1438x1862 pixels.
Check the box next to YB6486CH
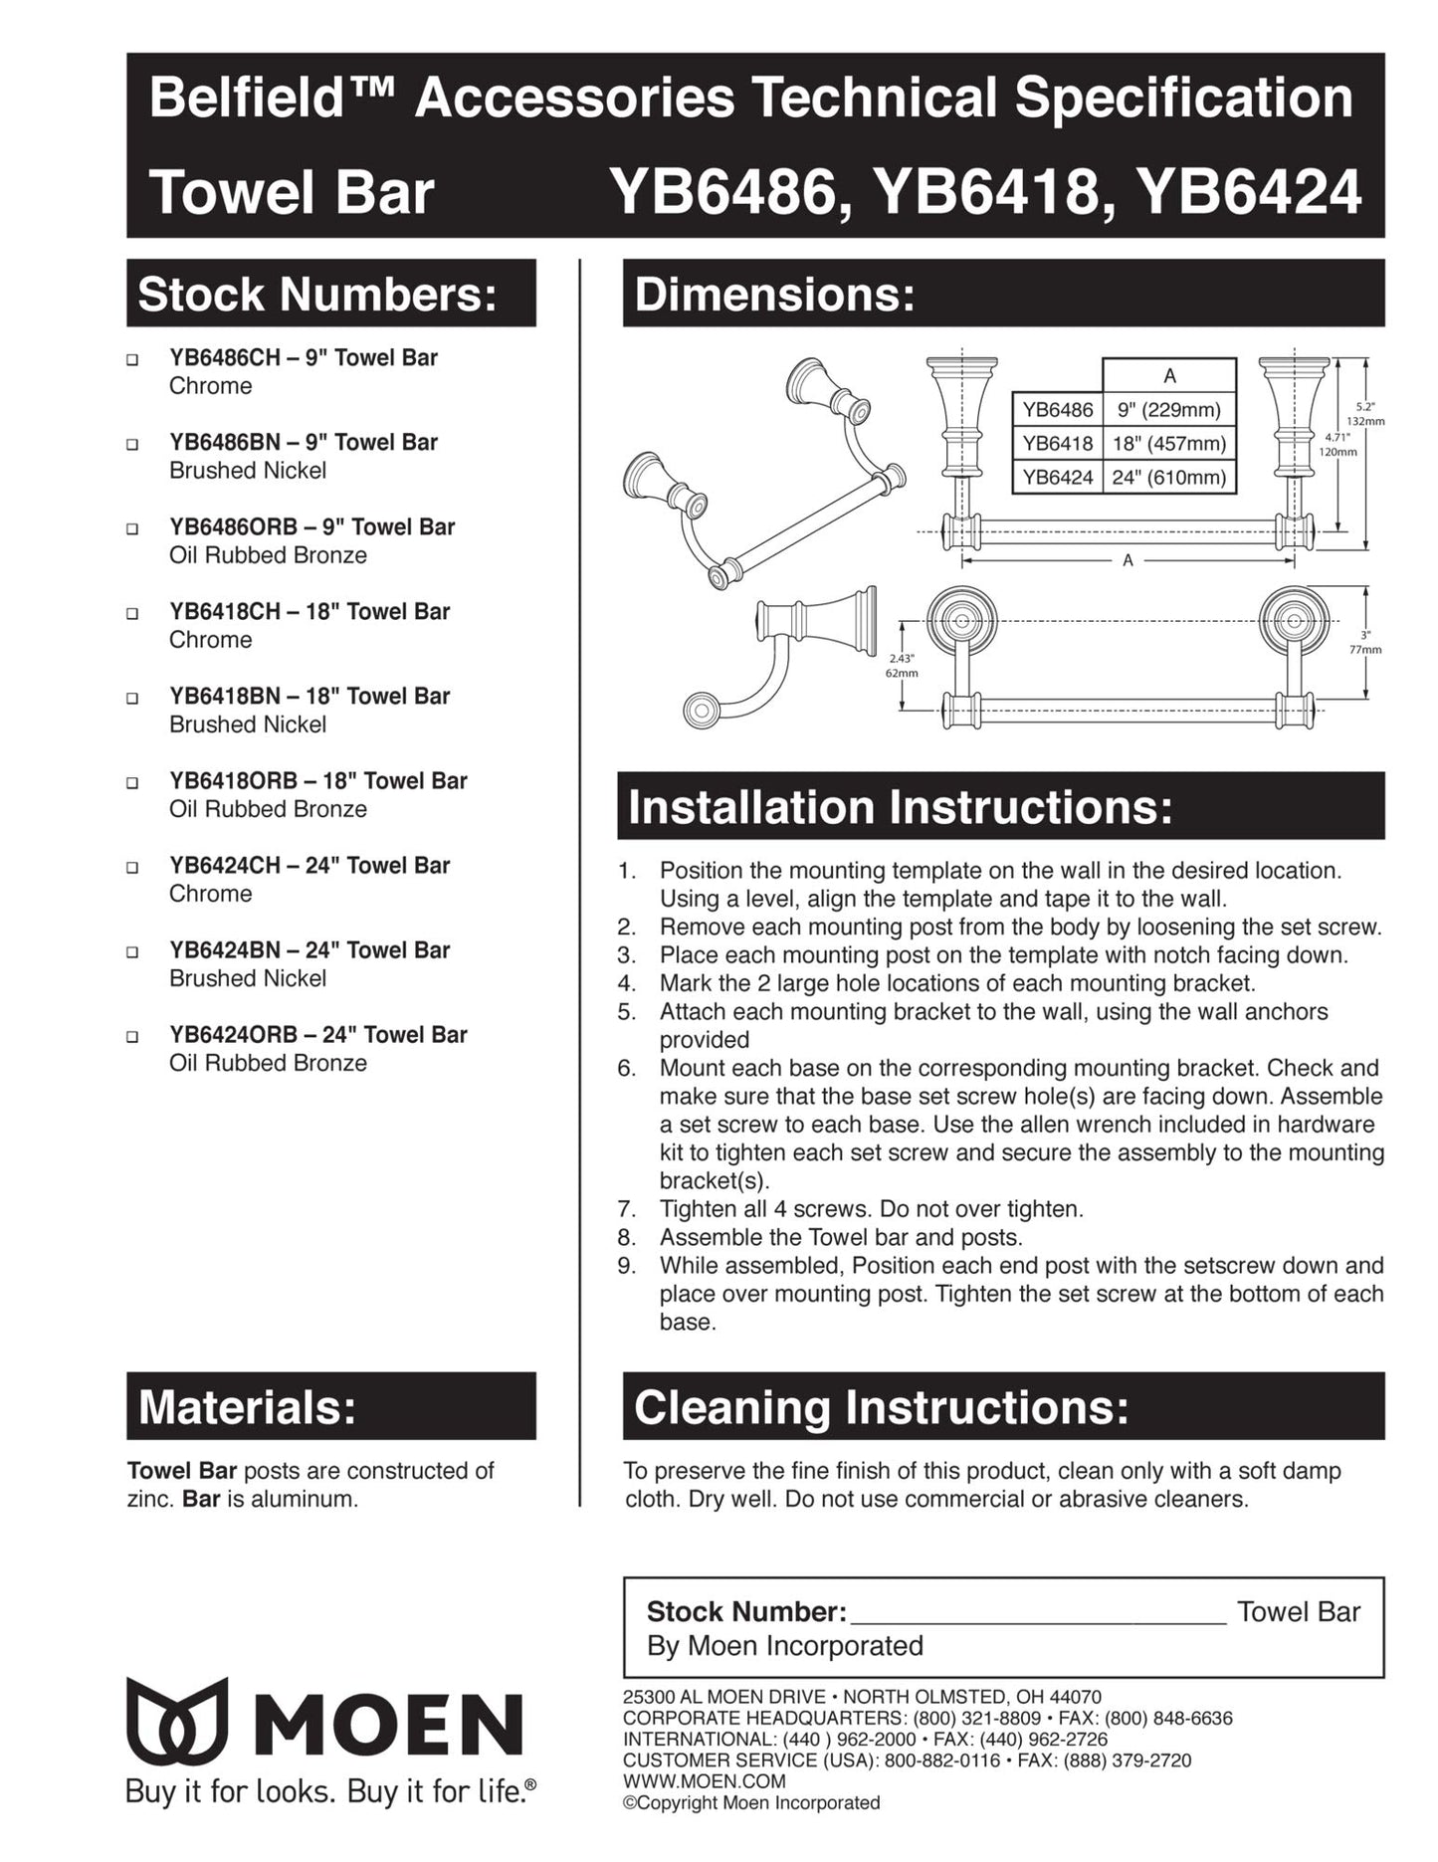(x=132, y=359)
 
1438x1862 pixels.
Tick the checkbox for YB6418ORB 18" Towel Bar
(x=132, y=782)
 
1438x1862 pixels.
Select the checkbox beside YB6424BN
(x=132, y=951)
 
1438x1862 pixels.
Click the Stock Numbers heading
(x=317, y=295)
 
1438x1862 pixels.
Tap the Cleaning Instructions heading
(x=881, y=1407)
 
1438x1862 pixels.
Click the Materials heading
(x=247, y=1407)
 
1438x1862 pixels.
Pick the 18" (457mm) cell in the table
(x=1168, y=443)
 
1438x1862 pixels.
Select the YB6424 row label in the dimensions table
(x=1057, y=477)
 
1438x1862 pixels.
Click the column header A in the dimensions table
(x=1169, y=376)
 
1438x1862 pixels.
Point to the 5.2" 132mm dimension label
(x=1365, y=413)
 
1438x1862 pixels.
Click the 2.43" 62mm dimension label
(x=901, y=665)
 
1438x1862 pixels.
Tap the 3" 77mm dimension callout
(x=1365, y=642)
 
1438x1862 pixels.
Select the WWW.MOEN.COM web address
(x=704, y=1781)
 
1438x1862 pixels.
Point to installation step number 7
(x=626, y=1209)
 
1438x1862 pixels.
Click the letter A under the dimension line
(x=1128, y=560)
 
